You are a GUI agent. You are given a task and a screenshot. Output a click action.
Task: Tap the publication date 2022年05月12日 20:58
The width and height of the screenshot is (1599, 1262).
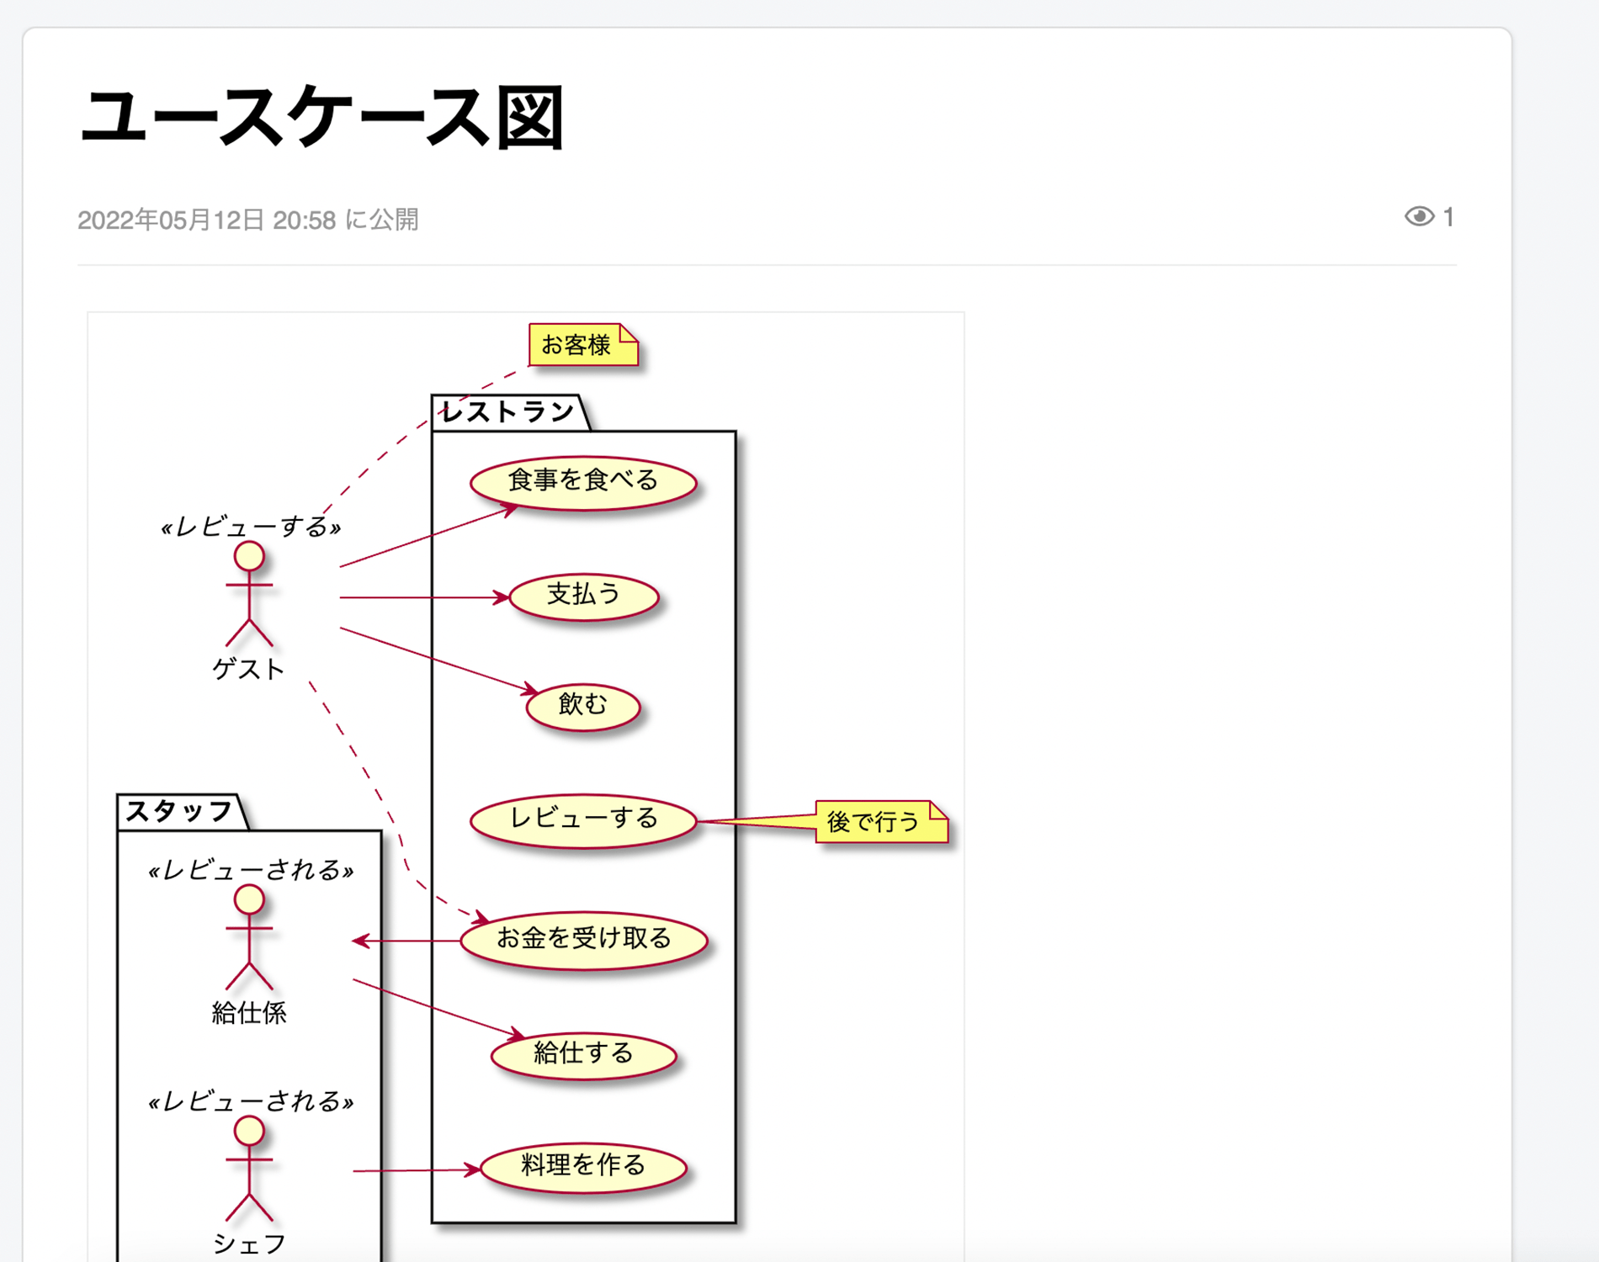tap(207, 220)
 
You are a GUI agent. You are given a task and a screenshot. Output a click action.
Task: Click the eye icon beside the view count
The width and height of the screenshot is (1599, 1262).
tap(1419, 217)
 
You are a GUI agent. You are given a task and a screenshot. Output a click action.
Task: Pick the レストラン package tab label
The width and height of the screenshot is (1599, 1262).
tap(507, 412)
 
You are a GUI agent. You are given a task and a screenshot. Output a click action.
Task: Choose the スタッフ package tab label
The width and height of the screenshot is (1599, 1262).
tap(179, 812)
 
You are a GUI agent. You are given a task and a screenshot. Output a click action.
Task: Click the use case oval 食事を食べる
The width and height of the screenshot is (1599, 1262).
tap(583, 482)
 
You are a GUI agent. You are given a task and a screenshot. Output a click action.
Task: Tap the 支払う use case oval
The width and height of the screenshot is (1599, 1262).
tap(583, 597)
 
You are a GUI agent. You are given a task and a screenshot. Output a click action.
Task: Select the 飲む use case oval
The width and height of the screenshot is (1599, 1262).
tap(583, 705)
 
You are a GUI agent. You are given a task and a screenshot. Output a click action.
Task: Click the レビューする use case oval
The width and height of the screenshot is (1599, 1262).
tap(583, 819)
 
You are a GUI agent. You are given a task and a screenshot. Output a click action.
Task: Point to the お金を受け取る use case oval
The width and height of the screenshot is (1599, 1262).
tap(583, 939)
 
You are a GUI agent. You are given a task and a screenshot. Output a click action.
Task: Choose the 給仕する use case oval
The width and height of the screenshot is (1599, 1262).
tap(583, 1054)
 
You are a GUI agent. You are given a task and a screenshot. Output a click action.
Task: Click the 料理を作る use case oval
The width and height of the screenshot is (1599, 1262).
tap(583, 1167)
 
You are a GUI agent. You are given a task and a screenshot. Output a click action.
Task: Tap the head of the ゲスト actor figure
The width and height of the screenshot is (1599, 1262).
tap(249, 556)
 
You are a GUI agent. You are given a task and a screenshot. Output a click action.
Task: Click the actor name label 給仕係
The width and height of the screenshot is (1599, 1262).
tap(249, 1013)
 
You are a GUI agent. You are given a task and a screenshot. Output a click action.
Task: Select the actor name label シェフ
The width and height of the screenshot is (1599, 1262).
tap(249, 1243)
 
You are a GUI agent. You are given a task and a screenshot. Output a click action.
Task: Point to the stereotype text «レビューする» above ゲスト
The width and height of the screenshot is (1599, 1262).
tap(251, 528)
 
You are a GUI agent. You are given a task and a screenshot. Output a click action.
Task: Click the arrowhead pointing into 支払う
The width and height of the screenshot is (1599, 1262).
tap(502, 597)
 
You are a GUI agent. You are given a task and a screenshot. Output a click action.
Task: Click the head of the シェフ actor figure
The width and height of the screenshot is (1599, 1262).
tap(249, 1131)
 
